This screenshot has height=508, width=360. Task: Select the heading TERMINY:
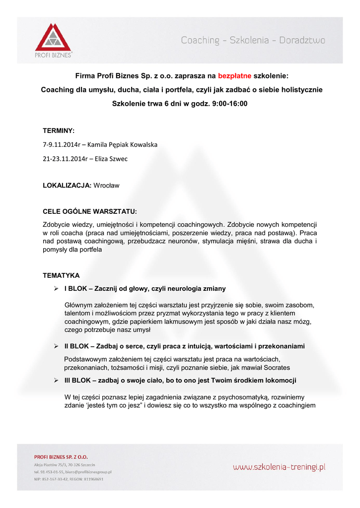pyautogui.click(x=59, y=130)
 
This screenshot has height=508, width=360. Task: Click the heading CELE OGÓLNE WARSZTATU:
pyautogui.click(x=89, y=211)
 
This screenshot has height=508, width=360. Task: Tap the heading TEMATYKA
pyautogui.click(x=61, y=275)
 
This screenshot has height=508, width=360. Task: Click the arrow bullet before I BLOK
pyautogui.click(x=57, y=288)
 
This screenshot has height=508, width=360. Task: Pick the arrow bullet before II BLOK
pyautogui.click(x=57, y=346)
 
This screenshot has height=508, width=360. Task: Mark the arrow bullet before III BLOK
pyautogui.click(x=57, y=380)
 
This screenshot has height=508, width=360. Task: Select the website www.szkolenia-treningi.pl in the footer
pyautogui.click(x=279, y=466)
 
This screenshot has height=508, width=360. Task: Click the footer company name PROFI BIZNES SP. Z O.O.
pyautogui.click(x=61, y=457)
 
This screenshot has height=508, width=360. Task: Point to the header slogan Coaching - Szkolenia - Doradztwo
pyautogui.click(x=253, y=41)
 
